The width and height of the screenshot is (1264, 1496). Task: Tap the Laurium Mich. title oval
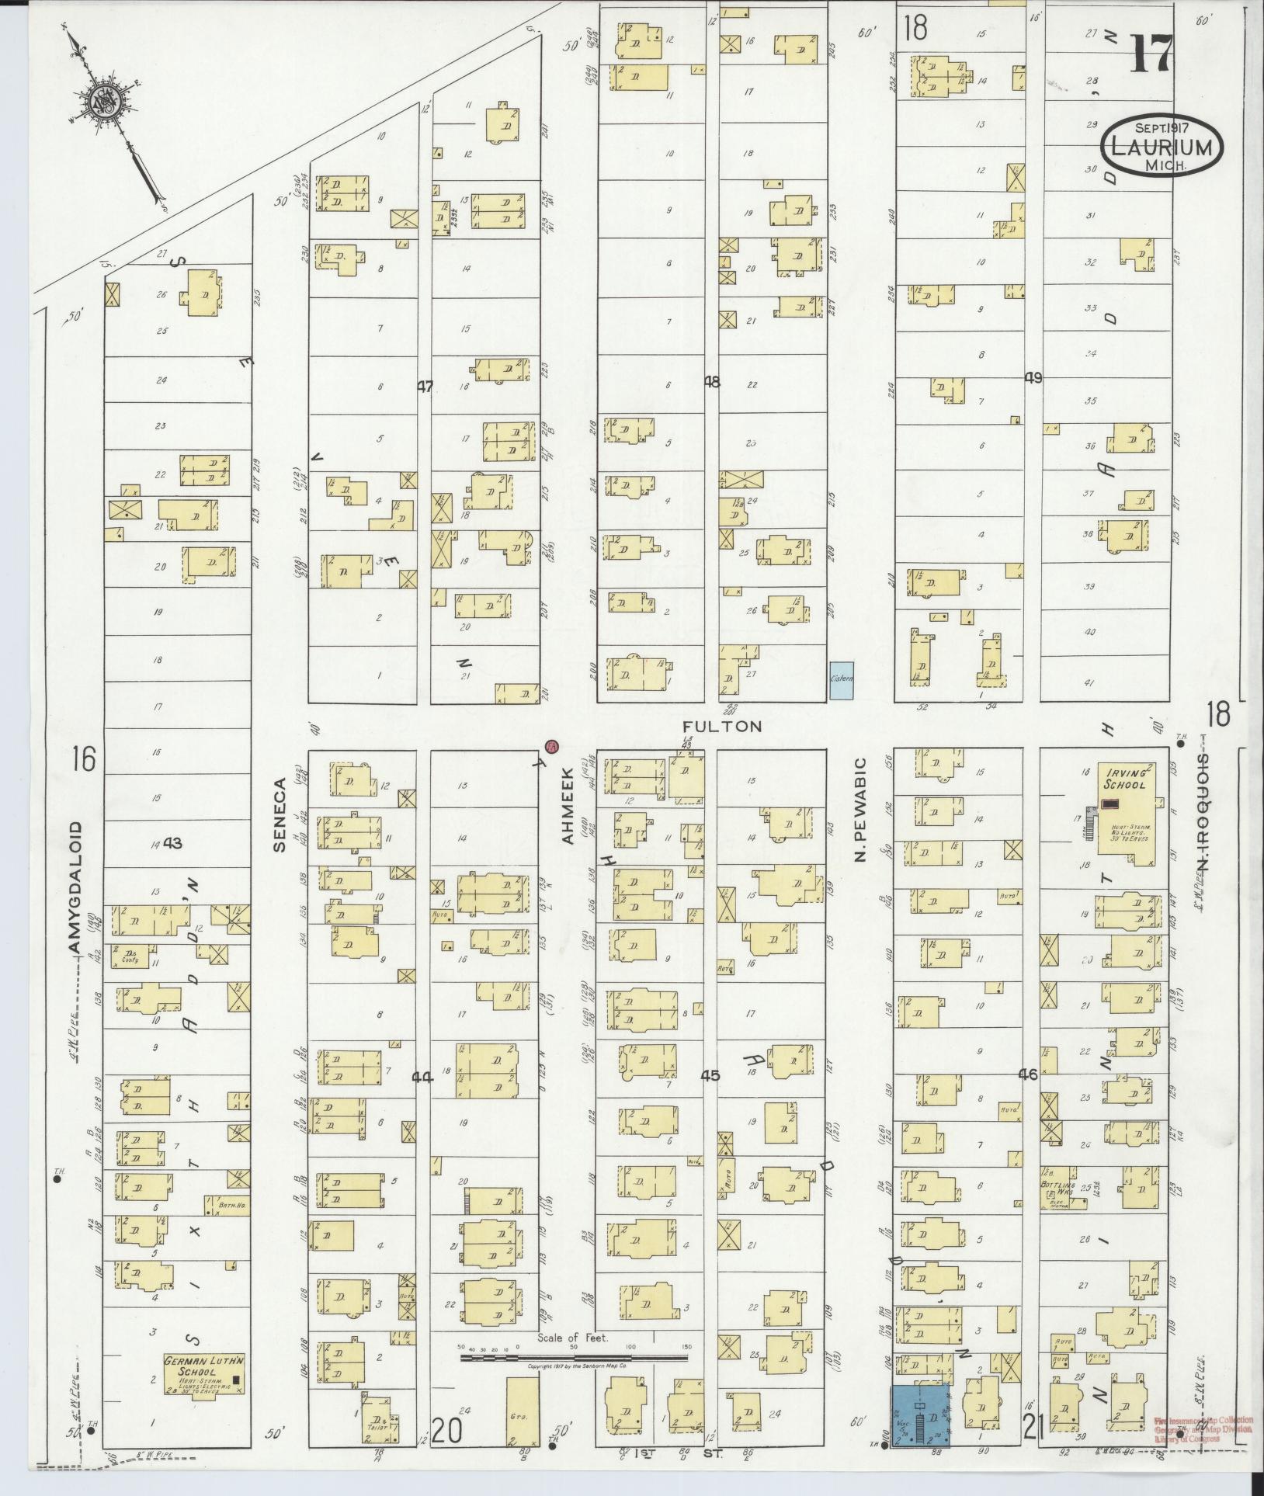(x=1161, y=148)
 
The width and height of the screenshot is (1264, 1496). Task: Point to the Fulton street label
(x=722, y=726)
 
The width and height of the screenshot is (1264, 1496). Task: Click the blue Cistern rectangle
(x=842, y=681)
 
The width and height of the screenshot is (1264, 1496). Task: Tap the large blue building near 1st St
(x=920, y=1415)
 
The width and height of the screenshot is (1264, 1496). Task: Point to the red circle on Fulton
(x=551, y=746)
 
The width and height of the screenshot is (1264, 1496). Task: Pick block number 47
(x=424, y=386)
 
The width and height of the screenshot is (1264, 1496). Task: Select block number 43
(x=171, y=843)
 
